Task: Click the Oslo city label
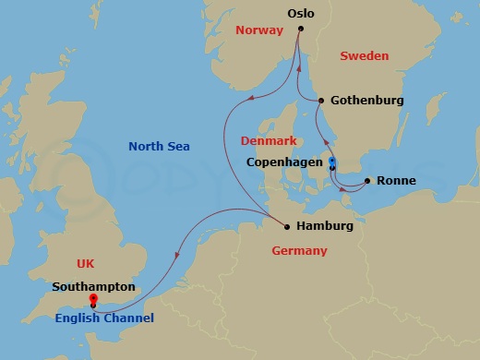coord(301,14)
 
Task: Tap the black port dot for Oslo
coord(301,29)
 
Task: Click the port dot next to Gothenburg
coord(320,101)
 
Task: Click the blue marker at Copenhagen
coord(332,163)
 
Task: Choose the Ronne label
coord(397,181)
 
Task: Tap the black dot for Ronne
coord(368,181)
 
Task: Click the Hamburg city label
coord(324,226)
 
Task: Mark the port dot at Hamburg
coord(288,226)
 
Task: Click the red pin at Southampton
coord(93,300)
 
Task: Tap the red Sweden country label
coord(364,56)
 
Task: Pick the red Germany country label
coord(299,250)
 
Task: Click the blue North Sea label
coord(159,146)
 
